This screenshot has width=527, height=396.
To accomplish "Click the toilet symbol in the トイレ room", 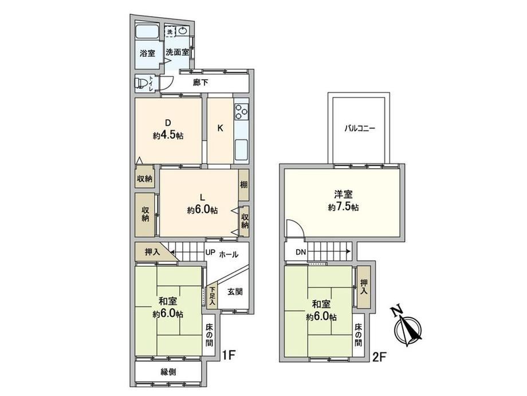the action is click(x=141, y=83).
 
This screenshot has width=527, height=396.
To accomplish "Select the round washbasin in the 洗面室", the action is click(x=183, y=32).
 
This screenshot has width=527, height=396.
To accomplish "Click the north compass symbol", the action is click(x=408, y=327).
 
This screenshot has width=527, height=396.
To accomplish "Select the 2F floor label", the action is click(x=379, y=357).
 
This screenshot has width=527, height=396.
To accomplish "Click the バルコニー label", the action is click(x=359, y=129).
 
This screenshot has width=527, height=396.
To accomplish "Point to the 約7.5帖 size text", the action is click(x=343, y=207).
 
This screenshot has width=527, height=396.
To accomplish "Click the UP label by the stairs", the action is click(x=210, y=252).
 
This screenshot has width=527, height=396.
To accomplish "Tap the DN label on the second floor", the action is click(x=301, y=252).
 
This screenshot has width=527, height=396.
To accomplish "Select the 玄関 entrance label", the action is click(x=235, y=292).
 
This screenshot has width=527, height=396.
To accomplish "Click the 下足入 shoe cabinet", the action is click(x=212, y=296).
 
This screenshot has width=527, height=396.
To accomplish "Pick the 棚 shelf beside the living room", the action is click(x=243, y=185).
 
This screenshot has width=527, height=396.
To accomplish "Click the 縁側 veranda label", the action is click(x=168, y=372).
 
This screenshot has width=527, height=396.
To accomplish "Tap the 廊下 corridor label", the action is click(x=200, y=82).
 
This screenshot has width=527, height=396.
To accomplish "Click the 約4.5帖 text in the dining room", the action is click(x=168, y=135).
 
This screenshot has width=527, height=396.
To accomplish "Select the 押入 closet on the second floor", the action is click(x=363, y=287).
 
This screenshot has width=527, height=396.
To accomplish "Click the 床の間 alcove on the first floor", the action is click(x=209, y=335).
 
